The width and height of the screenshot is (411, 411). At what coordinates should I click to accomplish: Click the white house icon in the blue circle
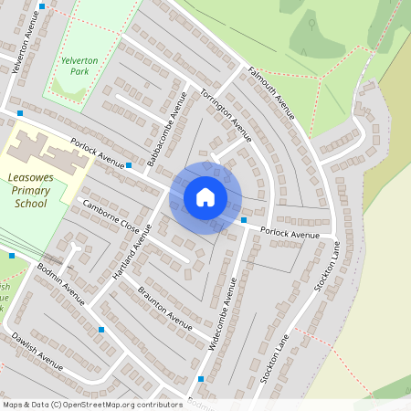pos(205,197)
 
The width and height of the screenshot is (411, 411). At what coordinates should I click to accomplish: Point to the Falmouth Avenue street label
pos(271,92)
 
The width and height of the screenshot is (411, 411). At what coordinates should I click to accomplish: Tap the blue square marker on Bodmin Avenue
pos(101,329)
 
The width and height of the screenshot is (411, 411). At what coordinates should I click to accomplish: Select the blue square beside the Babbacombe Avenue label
pos(130,165)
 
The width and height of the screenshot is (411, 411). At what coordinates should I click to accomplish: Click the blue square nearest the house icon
pos(244,220)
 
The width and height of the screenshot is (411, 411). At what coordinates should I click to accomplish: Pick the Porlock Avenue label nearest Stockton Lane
pos(290,234)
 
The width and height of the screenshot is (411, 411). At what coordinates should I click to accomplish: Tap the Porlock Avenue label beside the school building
pos(97,152)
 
